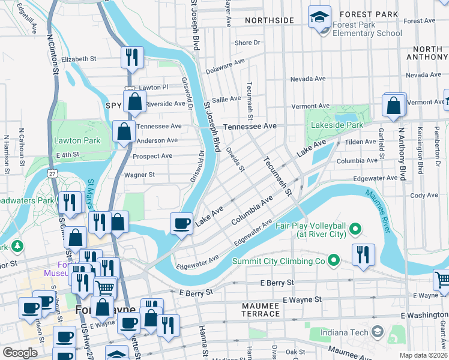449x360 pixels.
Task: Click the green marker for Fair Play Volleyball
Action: (355, 228)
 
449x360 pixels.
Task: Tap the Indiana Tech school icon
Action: (377, 331)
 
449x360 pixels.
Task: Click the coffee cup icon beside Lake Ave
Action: (182, 223)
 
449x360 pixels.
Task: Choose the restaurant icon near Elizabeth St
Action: (132, 57)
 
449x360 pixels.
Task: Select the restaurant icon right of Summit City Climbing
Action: (363, 254)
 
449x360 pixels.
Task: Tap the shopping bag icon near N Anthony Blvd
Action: (394, 105)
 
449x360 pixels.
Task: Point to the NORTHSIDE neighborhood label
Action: (270, 20)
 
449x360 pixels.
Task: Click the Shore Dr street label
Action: (247, 43)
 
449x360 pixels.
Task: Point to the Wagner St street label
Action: (139, 175)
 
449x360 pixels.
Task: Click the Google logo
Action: (20, 353)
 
